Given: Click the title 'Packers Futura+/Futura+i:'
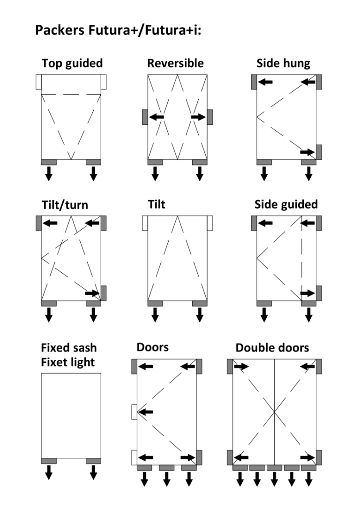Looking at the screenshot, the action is click(118, 30).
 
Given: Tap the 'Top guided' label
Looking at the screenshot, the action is click(72, 63).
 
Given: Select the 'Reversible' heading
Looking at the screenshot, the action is click(175, 63).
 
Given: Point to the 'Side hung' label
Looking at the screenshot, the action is click(283, 63).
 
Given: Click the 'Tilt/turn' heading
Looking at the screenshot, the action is click(65, 205).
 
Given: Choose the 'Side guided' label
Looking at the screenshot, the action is click(286, 204).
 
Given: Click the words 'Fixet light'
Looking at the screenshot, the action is click(68, 362).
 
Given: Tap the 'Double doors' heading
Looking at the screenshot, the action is click(272, 348).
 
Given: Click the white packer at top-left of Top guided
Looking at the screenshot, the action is click(38, 82).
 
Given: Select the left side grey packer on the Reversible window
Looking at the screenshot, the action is click(145, 117).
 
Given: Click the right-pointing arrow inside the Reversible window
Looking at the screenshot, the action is click(198, 117).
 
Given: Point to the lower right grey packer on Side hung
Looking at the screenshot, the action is click(319, 152).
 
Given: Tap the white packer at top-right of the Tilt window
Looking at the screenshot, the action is click(210, 223).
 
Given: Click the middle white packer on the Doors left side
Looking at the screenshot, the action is click(134, 412).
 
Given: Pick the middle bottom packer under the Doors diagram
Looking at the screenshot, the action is click(166, 468).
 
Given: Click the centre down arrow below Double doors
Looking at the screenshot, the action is click(274, 479).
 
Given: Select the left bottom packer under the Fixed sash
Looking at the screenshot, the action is click(49, 461).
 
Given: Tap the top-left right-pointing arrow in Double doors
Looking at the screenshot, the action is click(241, 367).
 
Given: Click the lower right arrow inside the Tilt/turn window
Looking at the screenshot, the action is click(92, 293).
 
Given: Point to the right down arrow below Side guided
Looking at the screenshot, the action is click(309, 315).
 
